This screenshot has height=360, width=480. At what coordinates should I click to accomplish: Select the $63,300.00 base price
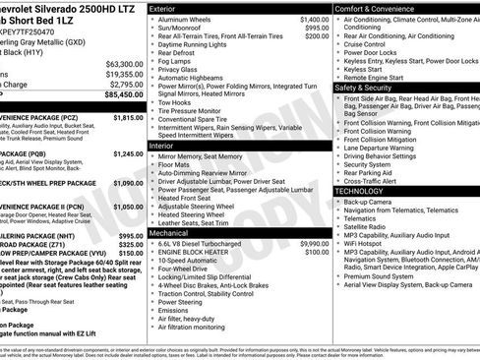(125, 63)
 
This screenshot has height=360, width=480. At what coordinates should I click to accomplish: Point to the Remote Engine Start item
(385, 78)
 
